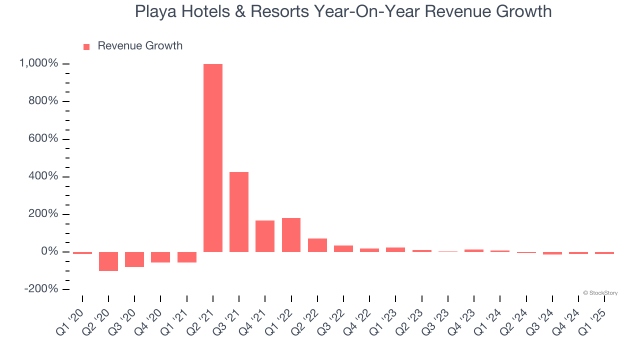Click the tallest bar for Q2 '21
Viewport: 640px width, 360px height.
(213, 157)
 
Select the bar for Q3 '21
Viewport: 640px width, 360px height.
(239, 211)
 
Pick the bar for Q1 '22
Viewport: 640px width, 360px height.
(291, 234)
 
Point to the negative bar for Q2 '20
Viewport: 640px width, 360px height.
(108, 261)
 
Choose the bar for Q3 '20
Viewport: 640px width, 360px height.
(134, 259)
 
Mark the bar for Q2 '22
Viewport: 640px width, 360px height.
(317, 245)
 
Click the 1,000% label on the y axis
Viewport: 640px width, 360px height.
(38, 63)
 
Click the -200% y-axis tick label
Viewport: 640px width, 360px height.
(40, 289)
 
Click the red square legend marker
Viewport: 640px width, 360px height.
(86, 47)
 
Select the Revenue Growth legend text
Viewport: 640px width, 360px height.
(140, 46)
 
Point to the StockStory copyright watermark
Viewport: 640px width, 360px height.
(600, 293)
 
